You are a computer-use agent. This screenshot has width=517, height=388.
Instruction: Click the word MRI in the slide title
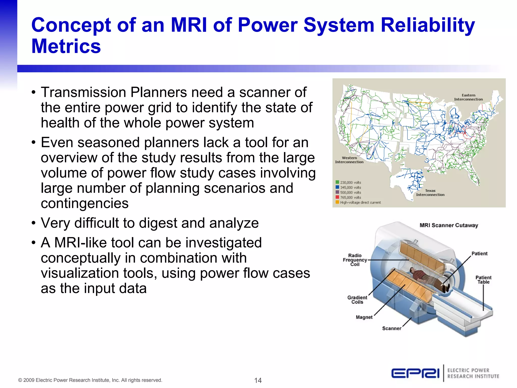click(x=189, y=25)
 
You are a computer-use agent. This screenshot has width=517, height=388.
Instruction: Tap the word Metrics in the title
click(x=66, y=46)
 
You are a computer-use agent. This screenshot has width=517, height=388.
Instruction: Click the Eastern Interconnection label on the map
click(x=468, y=97)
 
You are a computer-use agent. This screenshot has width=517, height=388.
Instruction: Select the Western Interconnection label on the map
click(x=349, y=160)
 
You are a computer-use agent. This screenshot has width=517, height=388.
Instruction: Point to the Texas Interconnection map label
click(x=430, y=193)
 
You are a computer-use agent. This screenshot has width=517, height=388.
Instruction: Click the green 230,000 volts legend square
click(x=337, y=182)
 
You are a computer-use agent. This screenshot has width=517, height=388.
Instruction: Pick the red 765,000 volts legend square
click(x=337, y=197)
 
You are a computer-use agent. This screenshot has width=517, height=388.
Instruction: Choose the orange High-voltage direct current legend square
click(x=337, y=202)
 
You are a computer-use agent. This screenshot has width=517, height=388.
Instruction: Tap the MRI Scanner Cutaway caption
click(x=449, y=225)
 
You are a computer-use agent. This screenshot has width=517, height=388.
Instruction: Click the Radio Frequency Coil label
click(x=355, y=260)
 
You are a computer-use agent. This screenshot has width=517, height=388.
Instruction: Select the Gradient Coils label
click(x=357, y=300)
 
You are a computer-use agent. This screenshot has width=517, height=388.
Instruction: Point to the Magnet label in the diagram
click(x=364, y=317)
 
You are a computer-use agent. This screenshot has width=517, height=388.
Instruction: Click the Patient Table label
click(x=483, y=280)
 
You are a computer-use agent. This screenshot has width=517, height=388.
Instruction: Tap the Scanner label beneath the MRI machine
click(x=392, y=328)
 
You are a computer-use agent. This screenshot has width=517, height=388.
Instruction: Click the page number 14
click(x=258, y=380)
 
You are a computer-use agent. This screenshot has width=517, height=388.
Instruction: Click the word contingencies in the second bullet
click(x=85, y=203)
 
